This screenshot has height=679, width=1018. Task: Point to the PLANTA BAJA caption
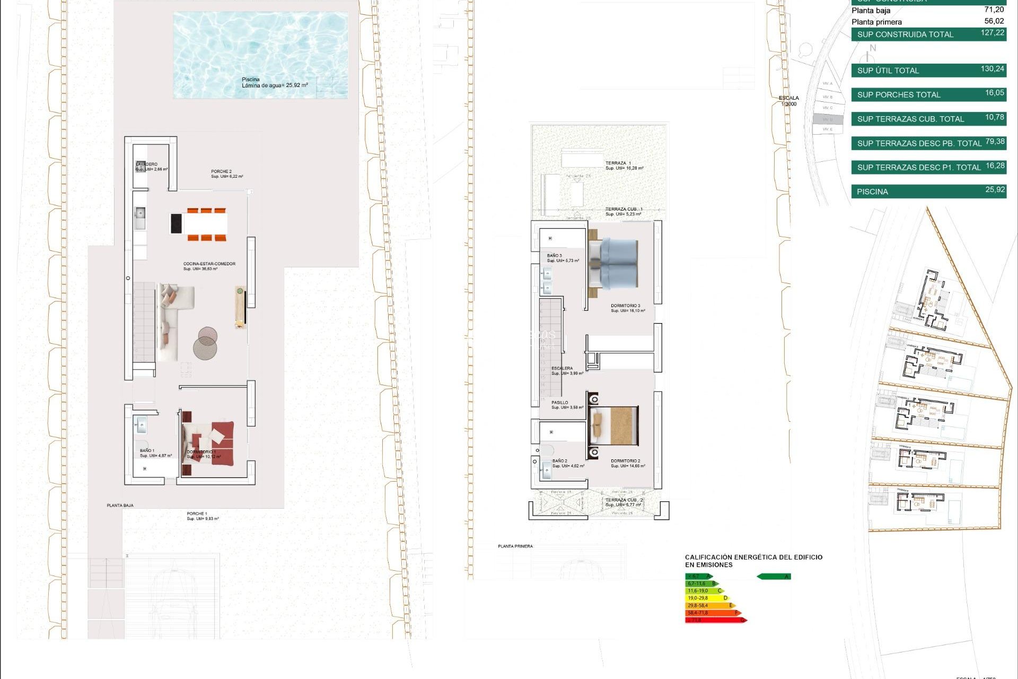click(x=120, y=506)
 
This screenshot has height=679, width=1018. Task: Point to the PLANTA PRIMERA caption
click(x=515, y=546)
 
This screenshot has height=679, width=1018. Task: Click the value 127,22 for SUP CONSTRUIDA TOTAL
click(x=992, y=33)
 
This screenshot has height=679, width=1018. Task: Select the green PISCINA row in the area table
click(x=928, y=191)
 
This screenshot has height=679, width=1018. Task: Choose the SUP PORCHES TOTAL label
click(x=898, y=95)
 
